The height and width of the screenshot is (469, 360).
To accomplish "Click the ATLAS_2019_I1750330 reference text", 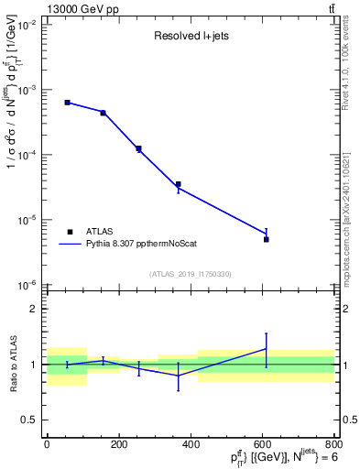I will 191,274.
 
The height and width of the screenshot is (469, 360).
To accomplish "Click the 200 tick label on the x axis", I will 119,443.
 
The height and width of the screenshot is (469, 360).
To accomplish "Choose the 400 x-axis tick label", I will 191,443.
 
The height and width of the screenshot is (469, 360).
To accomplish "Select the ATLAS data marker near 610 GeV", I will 266,239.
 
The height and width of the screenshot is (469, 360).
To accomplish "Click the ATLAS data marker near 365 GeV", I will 178,184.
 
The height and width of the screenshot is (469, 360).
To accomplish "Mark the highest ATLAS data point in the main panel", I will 67,103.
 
